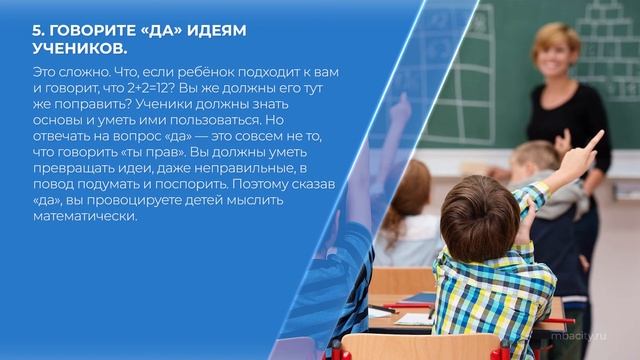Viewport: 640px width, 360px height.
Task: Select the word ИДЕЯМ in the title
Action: pos(210,30)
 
